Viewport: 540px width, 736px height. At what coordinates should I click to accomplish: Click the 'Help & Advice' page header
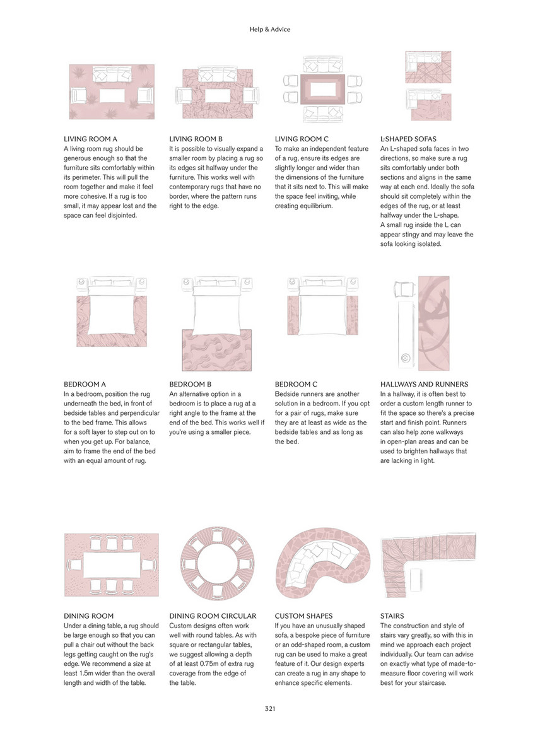click(270, 29)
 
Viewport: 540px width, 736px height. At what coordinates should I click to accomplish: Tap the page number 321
click(270, 709)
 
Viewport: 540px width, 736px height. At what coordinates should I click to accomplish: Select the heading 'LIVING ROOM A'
click(91, 139)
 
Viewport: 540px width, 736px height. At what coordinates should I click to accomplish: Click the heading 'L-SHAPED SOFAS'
click(408, 139)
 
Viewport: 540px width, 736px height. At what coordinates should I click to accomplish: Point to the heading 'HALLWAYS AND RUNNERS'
click(424, 384)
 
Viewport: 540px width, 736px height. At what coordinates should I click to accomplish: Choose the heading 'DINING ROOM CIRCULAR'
click(213, 616)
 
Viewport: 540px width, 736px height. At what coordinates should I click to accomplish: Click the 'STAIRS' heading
click(392, 616)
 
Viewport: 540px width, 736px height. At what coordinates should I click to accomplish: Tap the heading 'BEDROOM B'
click(190, 384)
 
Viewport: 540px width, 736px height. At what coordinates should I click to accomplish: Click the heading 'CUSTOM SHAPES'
click(303, 616)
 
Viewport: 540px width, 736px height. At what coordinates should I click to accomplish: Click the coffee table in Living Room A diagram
click(112, 96)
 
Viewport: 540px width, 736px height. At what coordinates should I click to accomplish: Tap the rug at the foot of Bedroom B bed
click(217, 350)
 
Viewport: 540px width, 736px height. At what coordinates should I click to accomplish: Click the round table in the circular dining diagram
click(217, 563)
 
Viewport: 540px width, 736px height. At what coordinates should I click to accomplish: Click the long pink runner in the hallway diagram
click(433, 323)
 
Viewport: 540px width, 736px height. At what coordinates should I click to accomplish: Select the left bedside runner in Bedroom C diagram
click(293, 315)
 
